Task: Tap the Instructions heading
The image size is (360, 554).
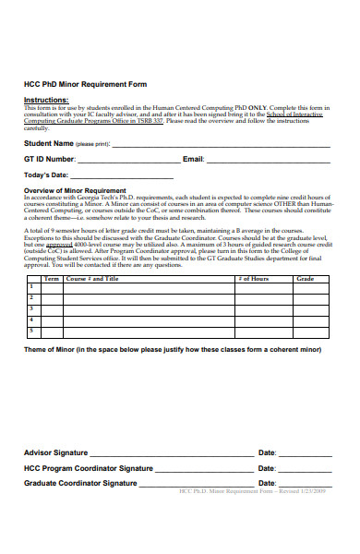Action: (x=46, y=99)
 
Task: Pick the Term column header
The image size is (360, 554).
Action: (x=52, y=278)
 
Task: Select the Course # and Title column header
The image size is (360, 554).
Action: (x=92, y=278)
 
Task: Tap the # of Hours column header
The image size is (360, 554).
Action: (x=253, y=278)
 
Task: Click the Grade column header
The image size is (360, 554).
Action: (x=306, y=278)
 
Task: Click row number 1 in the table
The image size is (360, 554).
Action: (x=31, y=287)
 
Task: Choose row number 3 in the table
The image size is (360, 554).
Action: (x=31, y=308)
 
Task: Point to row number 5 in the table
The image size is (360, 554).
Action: (x=31, y=330)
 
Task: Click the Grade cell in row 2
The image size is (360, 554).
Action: (x=306, y=297)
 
